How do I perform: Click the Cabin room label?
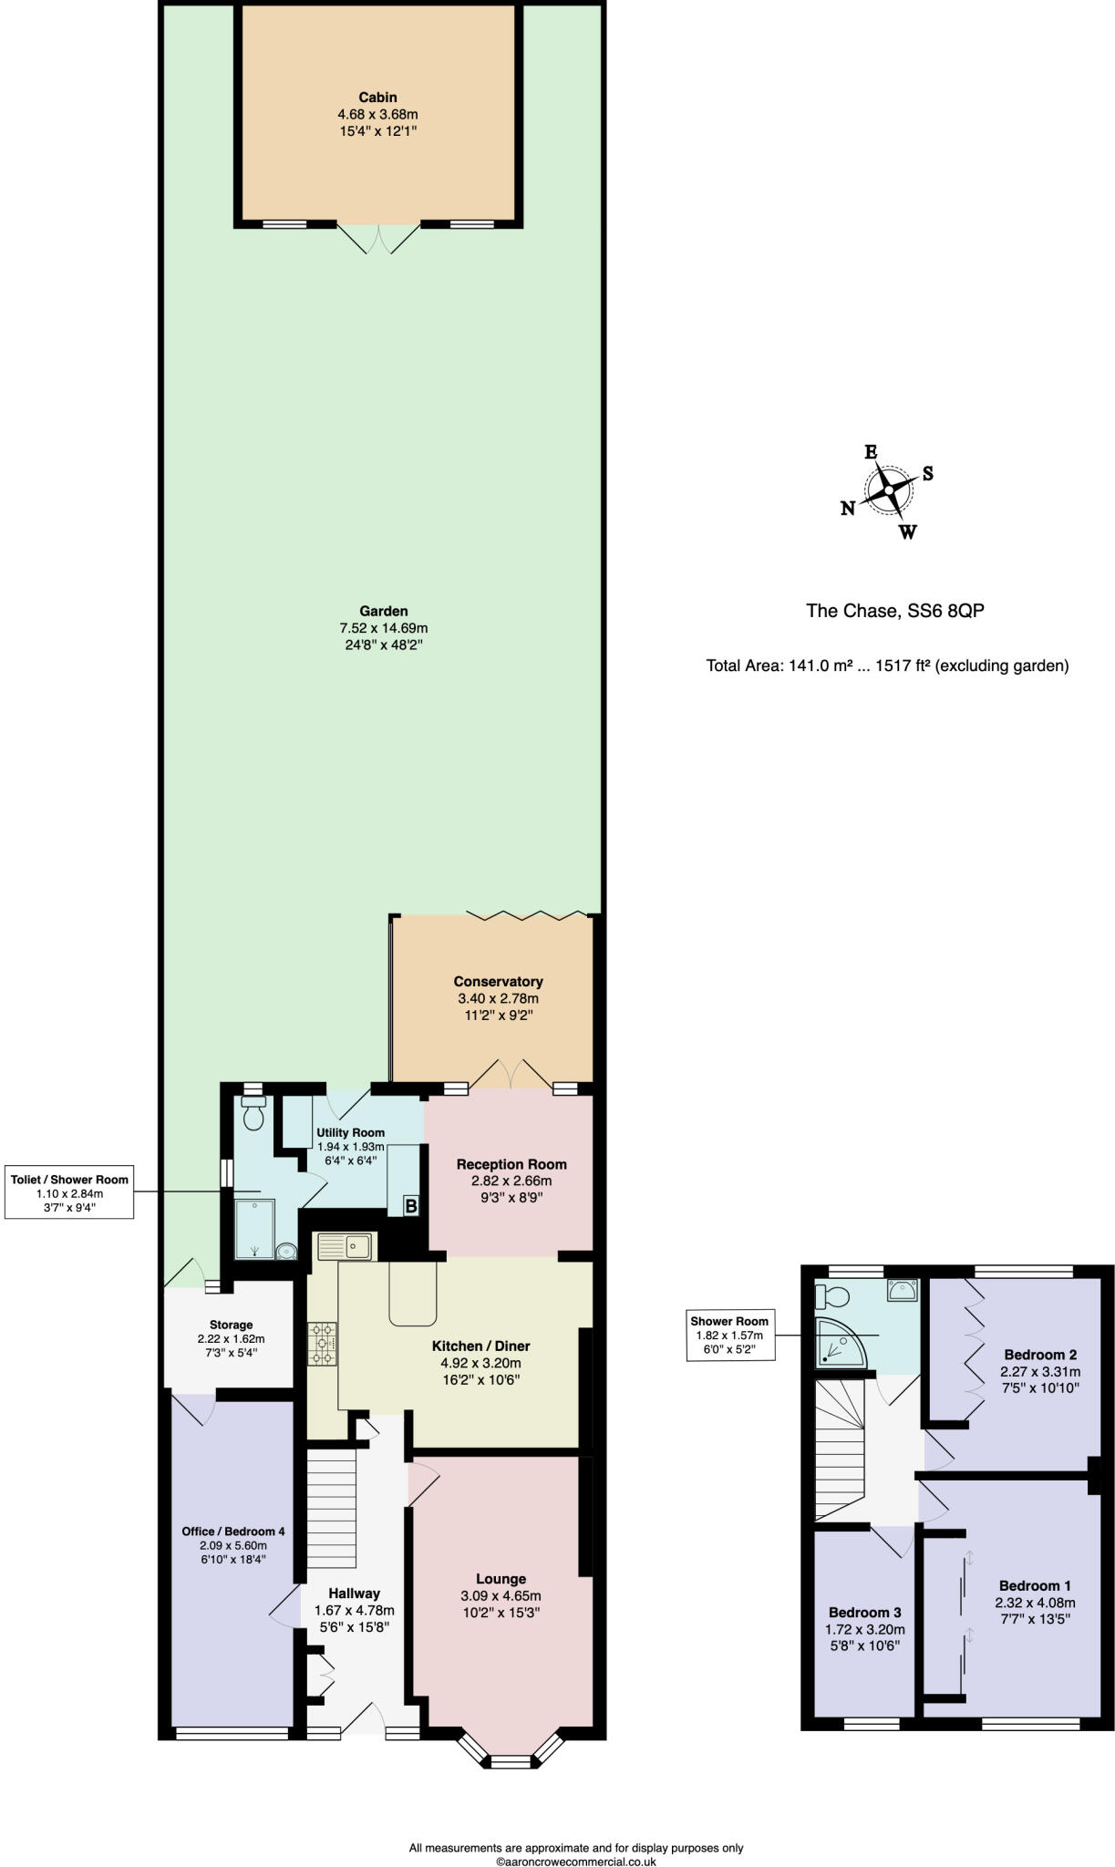tap(377, 98)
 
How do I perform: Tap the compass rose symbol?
tap(888, 490)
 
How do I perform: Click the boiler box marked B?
tap(411, 1206)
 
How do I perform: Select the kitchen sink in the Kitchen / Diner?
tap(345, 1245)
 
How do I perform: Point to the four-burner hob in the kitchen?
tap(323, 1344)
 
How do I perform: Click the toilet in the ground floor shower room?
tap(253, 1113)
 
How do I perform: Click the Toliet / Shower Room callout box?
tap(69, 1191)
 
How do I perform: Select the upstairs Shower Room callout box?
tap(728, 1336)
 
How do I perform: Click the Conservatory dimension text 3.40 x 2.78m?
tap(498, 998)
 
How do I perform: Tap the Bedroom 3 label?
tap(864, 1613)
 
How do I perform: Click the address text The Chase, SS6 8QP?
tap(894, 611)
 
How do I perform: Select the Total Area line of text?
tap(886, 665)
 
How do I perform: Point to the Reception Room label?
tap(511, 1164)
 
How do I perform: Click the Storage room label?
tap(231, 1325)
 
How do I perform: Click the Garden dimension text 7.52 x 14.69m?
tap(383, 628)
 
